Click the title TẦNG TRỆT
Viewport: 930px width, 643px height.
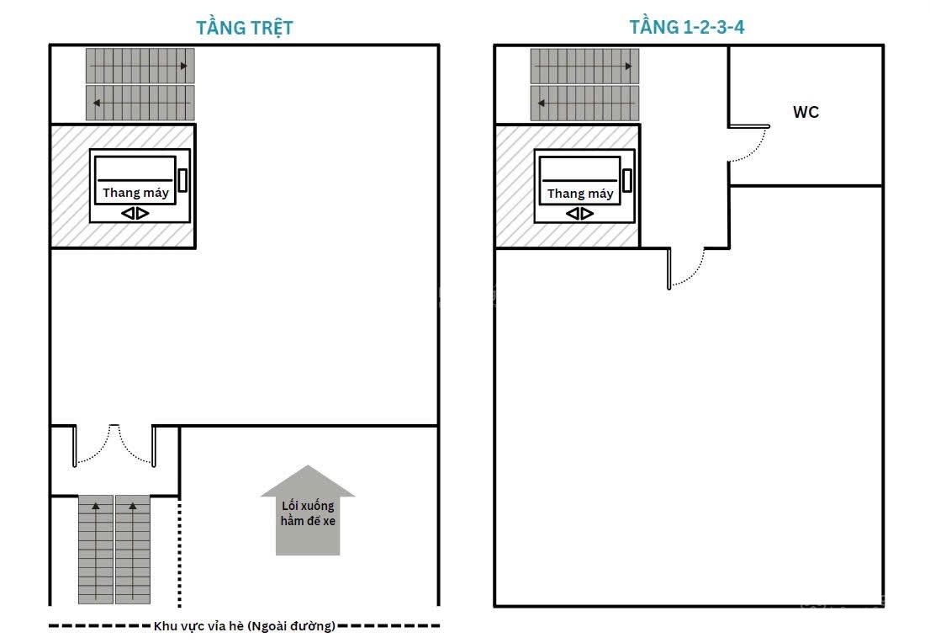pyautogui.click(x=245, y=27)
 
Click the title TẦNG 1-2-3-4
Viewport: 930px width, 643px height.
pyautogui.click(x=686, y=27)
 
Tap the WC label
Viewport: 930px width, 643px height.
pyautogui.click(x=806, y=112)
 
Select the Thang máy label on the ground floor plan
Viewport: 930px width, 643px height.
pyautogui.click(x=135, y=193)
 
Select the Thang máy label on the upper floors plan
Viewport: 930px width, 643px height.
pyautogui.click(x=580, y=194)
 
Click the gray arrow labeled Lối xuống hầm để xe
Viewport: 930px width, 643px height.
pyautogui.click(x=307, y=511)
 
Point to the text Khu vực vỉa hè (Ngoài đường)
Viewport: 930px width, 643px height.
pyautogui.click(x=245, y=626)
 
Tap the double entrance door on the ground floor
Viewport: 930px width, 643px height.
pyautogui.click(x=114, y=444)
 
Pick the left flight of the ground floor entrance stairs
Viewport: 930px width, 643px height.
pyautogui.click(x=96, y=550)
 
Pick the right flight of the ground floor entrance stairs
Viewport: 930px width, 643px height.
pyautogui.click(x=133, y=550)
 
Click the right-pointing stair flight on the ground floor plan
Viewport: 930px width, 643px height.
pyautogui.click(x=140, y=66)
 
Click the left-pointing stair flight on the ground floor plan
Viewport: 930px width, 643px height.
pyautogui.click(x=140, y=103)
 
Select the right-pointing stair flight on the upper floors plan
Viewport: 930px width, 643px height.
pyautogui.click(x=584, y=66)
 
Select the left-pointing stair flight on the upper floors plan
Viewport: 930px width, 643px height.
pyautogui.click(x=584, y=103)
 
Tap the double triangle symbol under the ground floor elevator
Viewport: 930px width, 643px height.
pyautogui.click(x=135, y=213)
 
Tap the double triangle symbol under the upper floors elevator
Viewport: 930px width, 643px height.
pyautogui.click(x=580, y=214)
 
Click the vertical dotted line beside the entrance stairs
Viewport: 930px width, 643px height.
pyautogui.click(x=180, y=553)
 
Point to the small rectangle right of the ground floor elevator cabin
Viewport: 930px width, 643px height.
pyautogui.click(x=182, y=180)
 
